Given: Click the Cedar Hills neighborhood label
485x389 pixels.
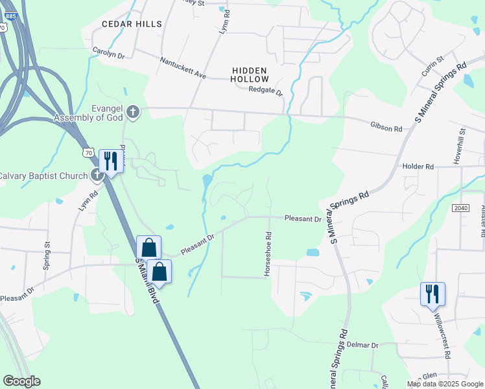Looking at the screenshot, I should [132, 24].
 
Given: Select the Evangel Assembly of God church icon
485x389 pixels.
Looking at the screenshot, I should [133, 113].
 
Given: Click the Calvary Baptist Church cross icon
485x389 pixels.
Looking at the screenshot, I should [97, 174].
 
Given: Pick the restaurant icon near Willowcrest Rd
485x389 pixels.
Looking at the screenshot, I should [432, 293].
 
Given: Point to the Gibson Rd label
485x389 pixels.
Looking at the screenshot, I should [386, 128].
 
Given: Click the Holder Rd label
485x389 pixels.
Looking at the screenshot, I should [418, 167].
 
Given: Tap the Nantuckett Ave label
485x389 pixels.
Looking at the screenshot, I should [183, 67].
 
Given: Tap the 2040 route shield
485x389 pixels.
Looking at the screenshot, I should [460, 207].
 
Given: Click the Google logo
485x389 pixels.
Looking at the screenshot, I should [21, 381].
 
